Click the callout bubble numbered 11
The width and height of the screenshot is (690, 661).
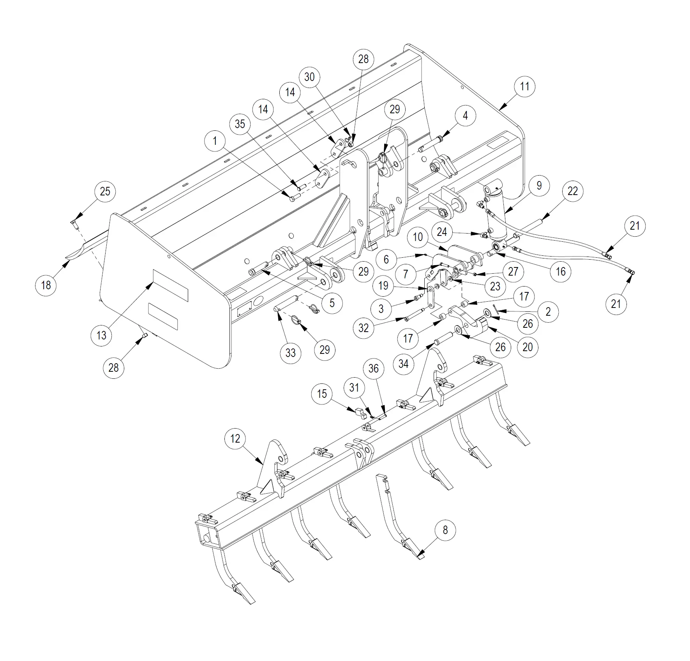(x=524, y=86)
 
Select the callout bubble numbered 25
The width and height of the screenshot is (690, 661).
(x=105, y=192)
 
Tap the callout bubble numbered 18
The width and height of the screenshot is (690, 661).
(x=46, y=285)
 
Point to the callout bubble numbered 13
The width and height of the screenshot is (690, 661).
(x=101, y=335)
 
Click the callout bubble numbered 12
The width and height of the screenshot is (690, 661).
(x=235, y=439)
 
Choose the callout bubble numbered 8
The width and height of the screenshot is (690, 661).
(x=445, y=530)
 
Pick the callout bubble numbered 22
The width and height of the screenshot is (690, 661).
(x=572, y=191)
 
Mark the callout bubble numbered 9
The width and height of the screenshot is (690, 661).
(x=539, y=185)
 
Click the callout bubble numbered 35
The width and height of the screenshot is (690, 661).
(x=240, y=124)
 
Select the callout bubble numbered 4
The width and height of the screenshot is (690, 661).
(x=465, y=115)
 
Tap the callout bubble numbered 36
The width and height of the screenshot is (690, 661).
(x=373, y=369)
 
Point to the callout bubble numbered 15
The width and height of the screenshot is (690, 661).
(x=322, y=394)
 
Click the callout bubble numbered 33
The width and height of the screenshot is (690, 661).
(x=291, y=353)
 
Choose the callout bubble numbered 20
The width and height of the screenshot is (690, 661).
(x=527, y=347)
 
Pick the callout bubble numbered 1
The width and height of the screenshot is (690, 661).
(x=215, y=141)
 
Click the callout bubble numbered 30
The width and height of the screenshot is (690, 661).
(x=309, y=77)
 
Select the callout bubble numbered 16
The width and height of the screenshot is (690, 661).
(x=560, y=271)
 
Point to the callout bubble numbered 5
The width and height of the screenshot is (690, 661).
(x=332, y=303)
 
